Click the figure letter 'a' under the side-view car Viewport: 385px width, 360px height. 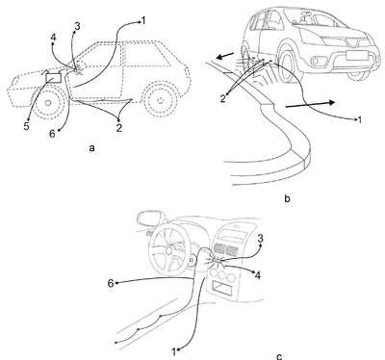coord(92,148)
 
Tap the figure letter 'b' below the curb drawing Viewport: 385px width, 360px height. coord(287,199)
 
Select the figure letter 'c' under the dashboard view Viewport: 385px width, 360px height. coord(279,357)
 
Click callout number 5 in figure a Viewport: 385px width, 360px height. coord(26,126)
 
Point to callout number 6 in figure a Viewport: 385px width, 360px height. coord(52,134)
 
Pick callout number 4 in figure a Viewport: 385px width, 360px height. coord(53,38)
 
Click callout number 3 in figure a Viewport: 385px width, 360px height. coord(77,27)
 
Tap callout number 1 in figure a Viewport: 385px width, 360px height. coord(143,21)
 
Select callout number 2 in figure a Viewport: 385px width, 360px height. coord(119,128)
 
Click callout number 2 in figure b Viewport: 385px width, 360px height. coord(223,99)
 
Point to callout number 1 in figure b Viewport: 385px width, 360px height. coord(360,120)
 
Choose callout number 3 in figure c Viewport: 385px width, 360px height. coord(261,239)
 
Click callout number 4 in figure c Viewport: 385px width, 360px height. coord(257,275)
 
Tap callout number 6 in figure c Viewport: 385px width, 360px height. coord(111,284)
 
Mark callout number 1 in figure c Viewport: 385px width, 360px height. coord(174,352)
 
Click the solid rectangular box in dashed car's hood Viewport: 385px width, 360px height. coord(54,78)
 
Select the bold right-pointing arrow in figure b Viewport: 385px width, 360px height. coord(310,105)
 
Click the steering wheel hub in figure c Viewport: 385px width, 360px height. coord(168,249)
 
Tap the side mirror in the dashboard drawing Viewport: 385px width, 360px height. coord(150,219)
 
